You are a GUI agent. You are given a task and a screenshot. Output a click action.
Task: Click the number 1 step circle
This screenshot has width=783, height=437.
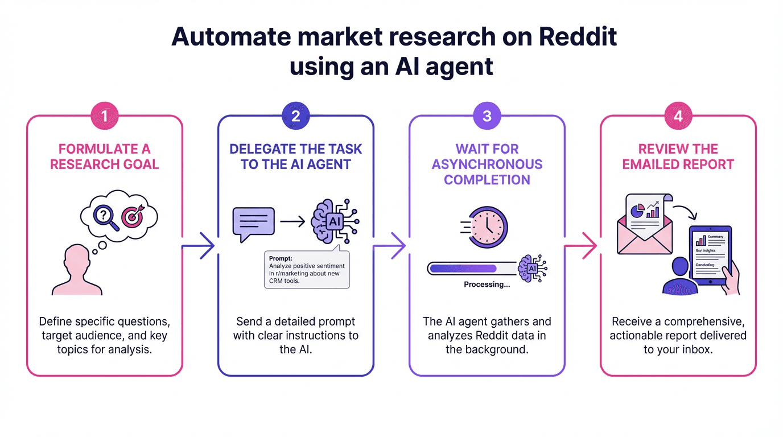pyautogui.click(x=104, y=116)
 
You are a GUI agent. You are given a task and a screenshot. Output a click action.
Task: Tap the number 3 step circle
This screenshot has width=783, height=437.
pyautogui.click(x=487, y=116)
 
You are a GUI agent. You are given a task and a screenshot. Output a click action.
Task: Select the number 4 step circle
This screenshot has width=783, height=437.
pyautogui.click(x=678, y=116)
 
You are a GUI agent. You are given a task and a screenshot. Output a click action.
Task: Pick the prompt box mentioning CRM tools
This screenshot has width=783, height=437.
pyautogui.click(x=307, y=269)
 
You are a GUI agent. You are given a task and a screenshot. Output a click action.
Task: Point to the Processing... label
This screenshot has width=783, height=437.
pyautogui.click(x=487, y=285)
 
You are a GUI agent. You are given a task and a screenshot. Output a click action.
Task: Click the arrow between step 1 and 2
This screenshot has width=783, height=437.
pyautogui.click(x=200, y=246)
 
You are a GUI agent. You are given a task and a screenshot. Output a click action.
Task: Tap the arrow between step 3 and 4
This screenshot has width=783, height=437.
pyautogui.click(x=582, y=246)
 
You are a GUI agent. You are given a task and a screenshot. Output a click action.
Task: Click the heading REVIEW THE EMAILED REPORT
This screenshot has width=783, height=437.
pyautogui.click(x=678, y=156)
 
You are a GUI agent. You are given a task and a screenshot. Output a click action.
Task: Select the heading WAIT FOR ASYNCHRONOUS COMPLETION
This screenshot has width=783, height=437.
pyautogui.click(x=487, y=164)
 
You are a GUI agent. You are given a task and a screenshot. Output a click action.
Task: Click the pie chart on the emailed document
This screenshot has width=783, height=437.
pyautogui.click(x=638, y=210)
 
